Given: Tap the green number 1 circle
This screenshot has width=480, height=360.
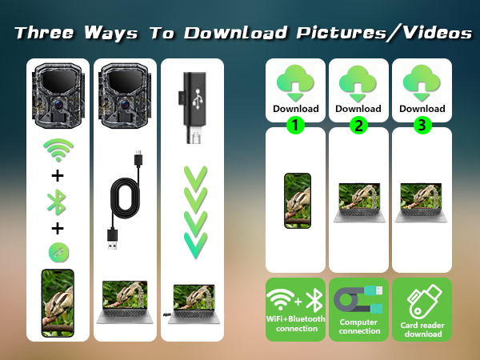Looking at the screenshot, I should tap(296, 125).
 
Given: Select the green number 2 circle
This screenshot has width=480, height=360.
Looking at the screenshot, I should tap(358, 125).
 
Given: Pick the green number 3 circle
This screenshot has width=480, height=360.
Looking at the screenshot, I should tap(422, 125).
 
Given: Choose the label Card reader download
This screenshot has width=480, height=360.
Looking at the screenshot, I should tap(422, 327).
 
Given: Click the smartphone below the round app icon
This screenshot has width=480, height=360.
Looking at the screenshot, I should tap(58, 302).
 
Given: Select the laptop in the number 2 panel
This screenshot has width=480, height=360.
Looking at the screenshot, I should tap(358, 202).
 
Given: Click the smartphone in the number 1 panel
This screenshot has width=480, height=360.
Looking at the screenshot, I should tap(296, 201).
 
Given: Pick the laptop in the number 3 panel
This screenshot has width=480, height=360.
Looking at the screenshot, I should tap(422, 202).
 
